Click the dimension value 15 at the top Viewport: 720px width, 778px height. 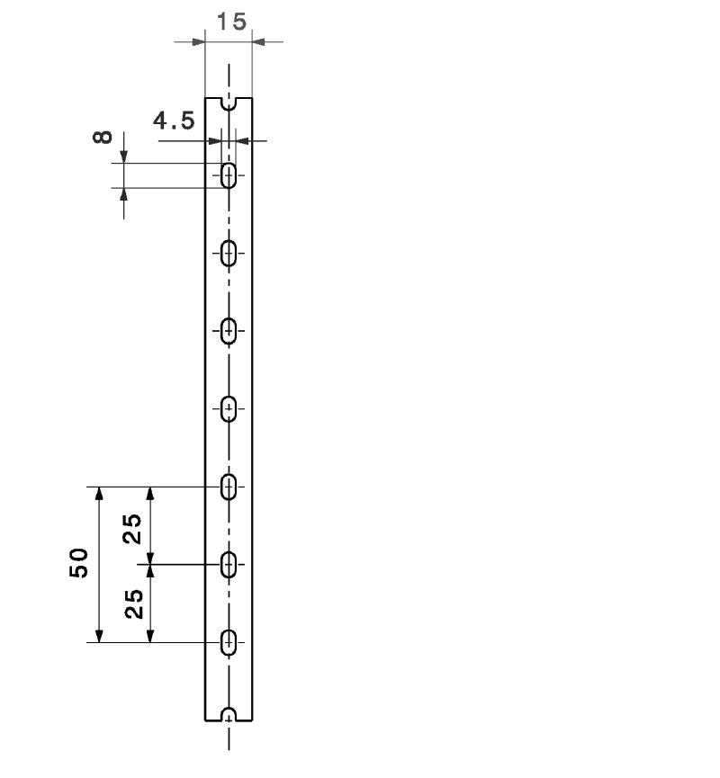pyautogui.click(x=232, y=22)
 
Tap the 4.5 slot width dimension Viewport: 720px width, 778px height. pyautogui.click(x=174, y=121)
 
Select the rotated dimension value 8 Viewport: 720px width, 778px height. pyautogui.click(x=103, y=138)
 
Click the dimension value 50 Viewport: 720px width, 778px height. pyautogui.click(x=79, y=563)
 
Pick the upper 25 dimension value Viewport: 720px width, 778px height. pyautogui.click(x=132, y=528)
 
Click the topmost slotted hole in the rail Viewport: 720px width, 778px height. pyautogui.click(x=229, y=175)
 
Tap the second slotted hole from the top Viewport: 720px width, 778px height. pyautogui.click(x=229, y=254)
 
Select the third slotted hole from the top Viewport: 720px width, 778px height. pyautogui.click(x=229, y=331)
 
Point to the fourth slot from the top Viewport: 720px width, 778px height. pyautogui.click(x=229, y=409)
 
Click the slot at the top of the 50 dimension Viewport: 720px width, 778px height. pyautogui.click(x=229, y=487)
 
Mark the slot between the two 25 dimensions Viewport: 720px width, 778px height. pyautogui.click(x=229, y=565)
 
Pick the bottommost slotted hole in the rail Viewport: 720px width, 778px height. pyautogui.click(x=229, y=642)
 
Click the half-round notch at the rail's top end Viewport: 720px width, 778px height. pyautogui.click(x=229, y=103)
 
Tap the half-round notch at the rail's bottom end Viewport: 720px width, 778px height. pyautogui.click(x=229, y=715)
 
